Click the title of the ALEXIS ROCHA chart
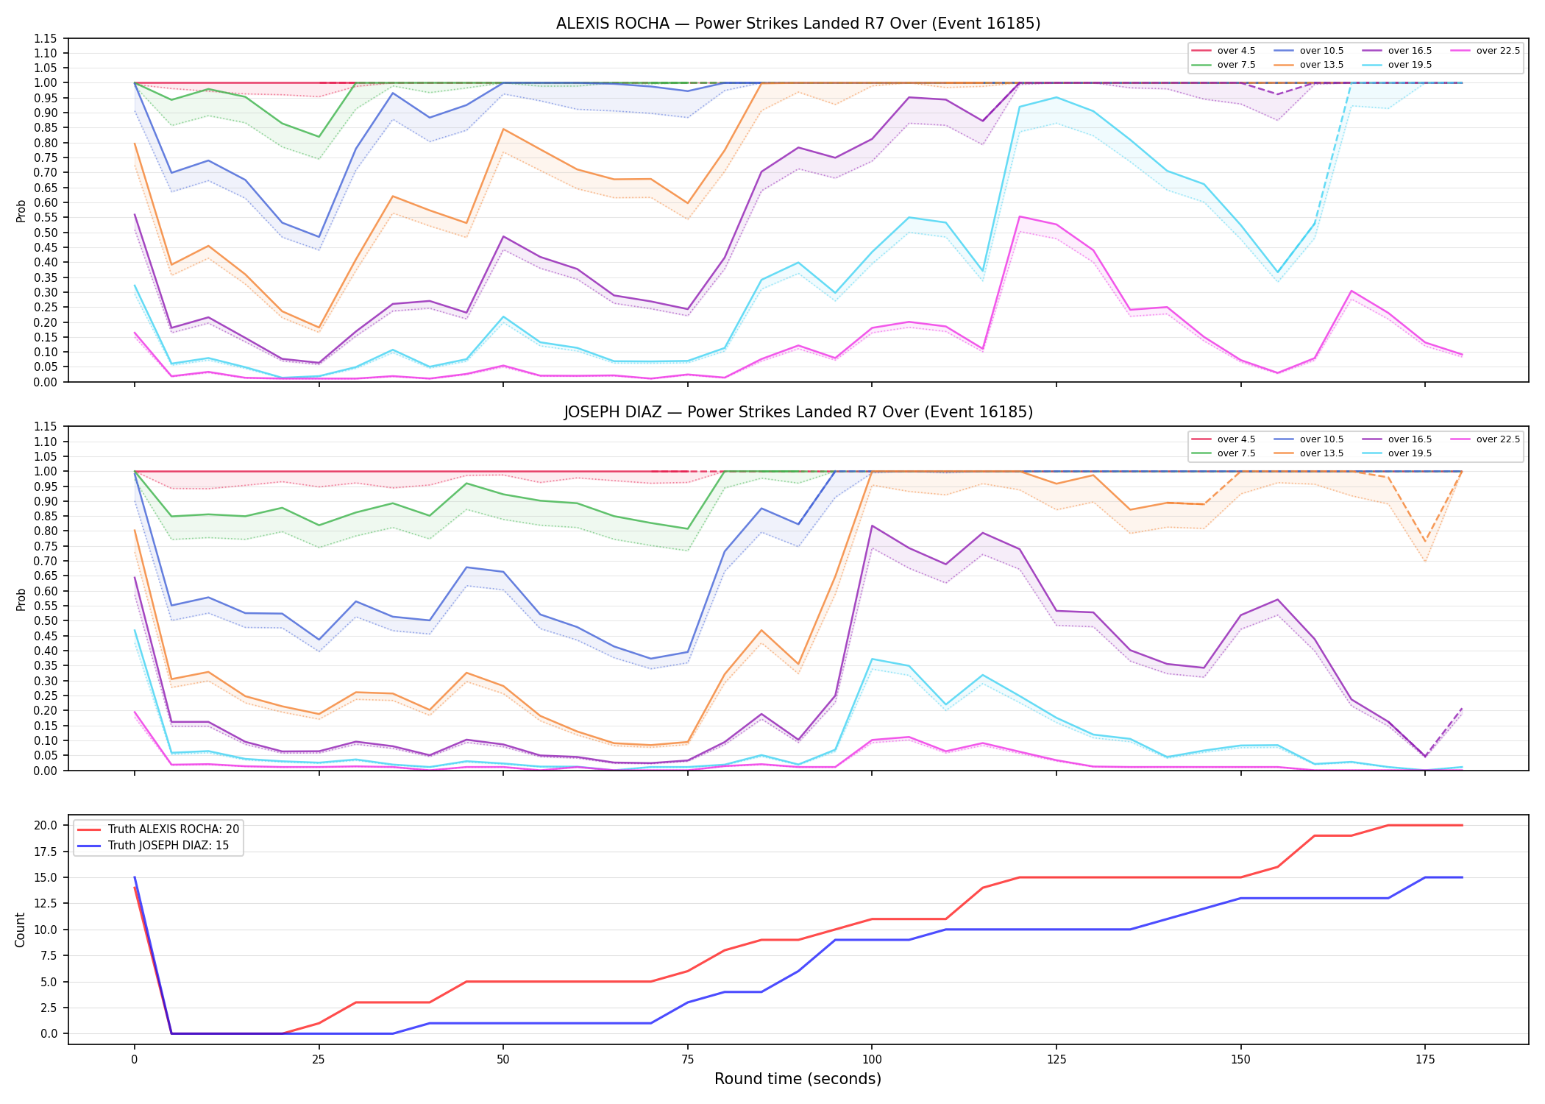(798, 24)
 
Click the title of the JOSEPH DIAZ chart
(798, 412)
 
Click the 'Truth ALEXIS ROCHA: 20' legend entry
(158, 829)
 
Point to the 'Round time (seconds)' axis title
(798, 1079)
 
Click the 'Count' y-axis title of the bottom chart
(20, 930)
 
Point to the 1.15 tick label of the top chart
(45, 38)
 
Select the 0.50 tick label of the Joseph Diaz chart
(45, 620)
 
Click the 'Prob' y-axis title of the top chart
(21, 211)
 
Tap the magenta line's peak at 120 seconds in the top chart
(1020, 216)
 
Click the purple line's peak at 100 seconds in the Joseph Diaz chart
(872, 526)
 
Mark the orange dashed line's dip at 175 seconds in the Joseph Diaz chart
(1425, 542)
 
